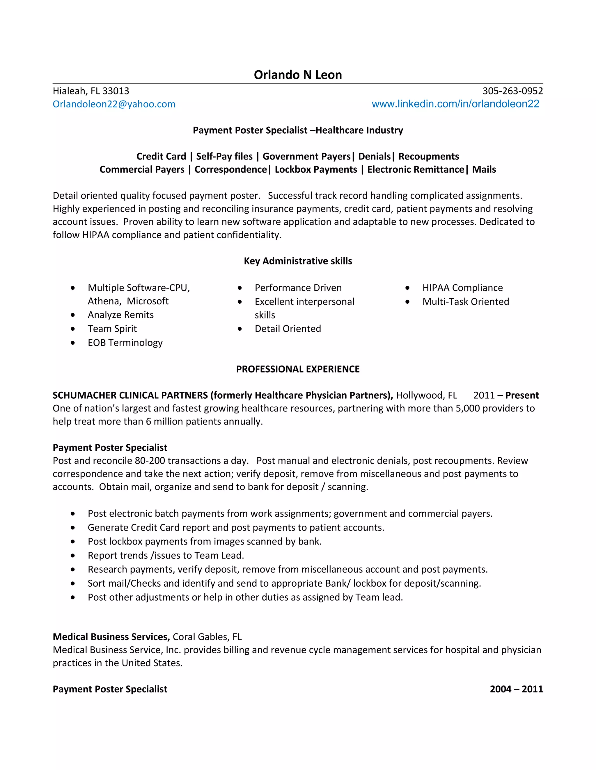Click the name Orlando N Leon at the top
tap(298, 75)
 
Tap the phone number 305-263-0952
tap(512, 91)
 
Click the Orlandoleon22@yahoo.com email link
tap(114, 104)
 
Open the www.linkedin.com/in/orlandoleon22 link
tap(455, 104)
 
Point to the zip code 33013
tap(116, 91)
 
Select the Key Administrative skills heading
tap(298, 261)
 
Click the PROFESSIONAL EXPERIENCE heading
tap(298, 369)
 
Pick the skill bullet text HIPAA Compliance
tap(462, 288)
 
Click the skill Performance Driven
tap(298, 288)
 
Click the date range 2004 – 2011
tap(516, 689)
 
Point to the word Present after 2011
tap(522, 395)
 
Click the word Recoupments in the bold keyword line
tap(429, 156)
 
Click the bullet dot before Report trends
tap(73, 556)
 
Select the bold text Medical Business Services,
tap(111, 637)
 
